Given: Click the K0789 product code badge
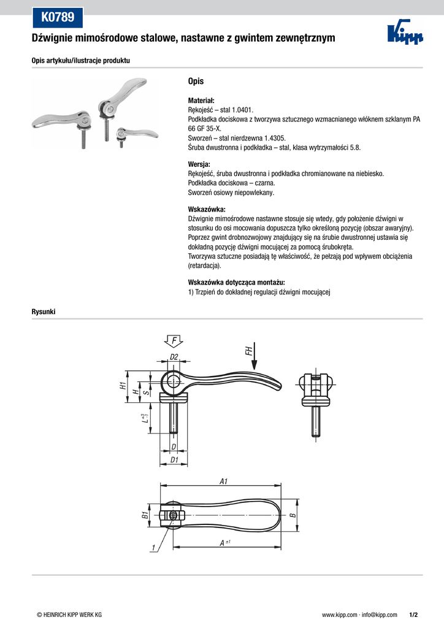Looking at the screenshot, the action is tap(57, 17).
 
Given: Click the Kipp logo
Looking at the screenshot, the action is tap(405, 33).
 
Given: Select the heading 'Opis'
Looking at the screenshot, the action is tap(196, 82).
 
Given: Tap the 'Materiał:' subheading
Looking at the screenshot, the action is tap(201, 101).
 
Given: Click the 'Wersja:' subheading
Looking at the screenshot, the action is tap(199, 164).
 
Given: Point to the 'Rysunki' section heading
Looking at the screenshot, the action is tap(44, 312).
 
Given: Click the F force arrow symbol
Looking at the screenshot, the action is tap(174, 341).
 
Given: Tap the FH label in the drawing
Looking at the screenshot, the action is tap(248, 351).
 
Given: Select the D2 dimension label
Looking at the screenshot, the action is tap(174, 356).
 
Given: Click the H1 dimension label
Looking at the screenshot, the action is tap(123, 386).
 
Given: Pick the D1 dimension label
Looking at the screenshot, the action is tap(174, 460).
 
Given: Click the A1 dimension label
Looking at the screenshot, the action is tap(223, 481).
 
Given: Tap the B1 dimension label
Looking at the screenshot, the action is tap(145, 515).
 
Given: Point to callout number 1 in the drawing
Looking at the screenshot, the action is tap(153, 548).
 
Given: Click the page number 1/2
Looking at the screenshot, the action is tap(413, 615).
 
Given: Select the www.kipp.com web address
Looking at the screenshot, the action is tap(340, 615).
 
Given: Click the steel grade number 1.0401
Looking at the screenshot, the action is tap(243, 110).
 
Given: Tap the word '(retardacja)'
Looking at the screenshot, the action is tap(205, 266).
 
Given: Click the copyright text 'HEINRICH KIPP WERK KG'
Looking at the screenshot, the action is tap(72, 615).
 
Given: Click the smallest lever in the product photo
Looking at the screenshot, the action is tap(136, 134).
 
